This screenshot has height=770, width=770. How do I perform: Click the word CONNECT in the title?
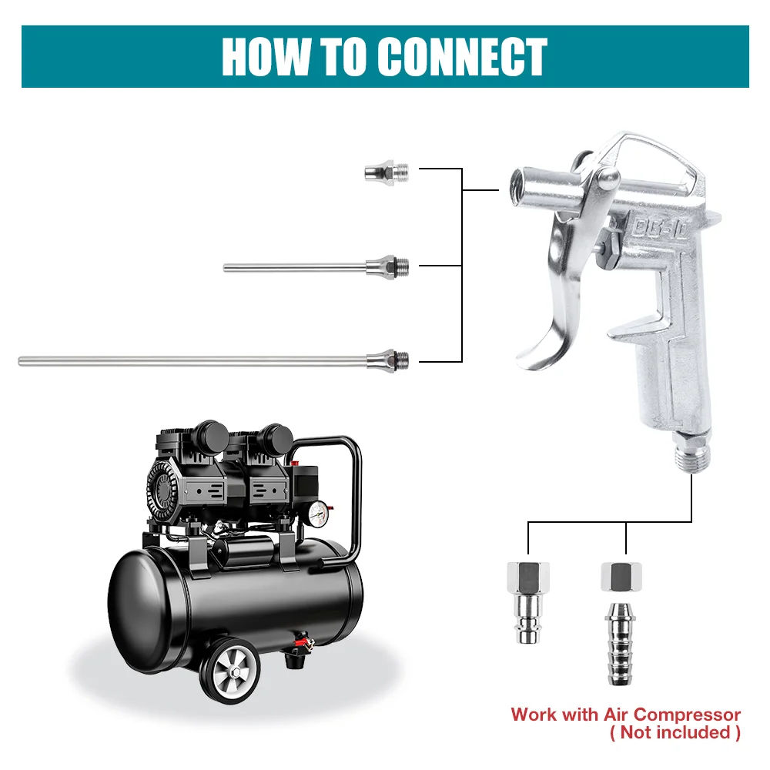(463, 57)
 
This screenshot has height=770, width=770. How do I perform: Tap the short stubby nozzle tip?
(384, 171)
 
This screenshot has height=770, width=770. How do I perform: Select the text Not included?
(675, 732)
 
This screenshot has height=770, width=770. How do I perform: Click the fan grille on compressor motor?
(163, 487)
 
